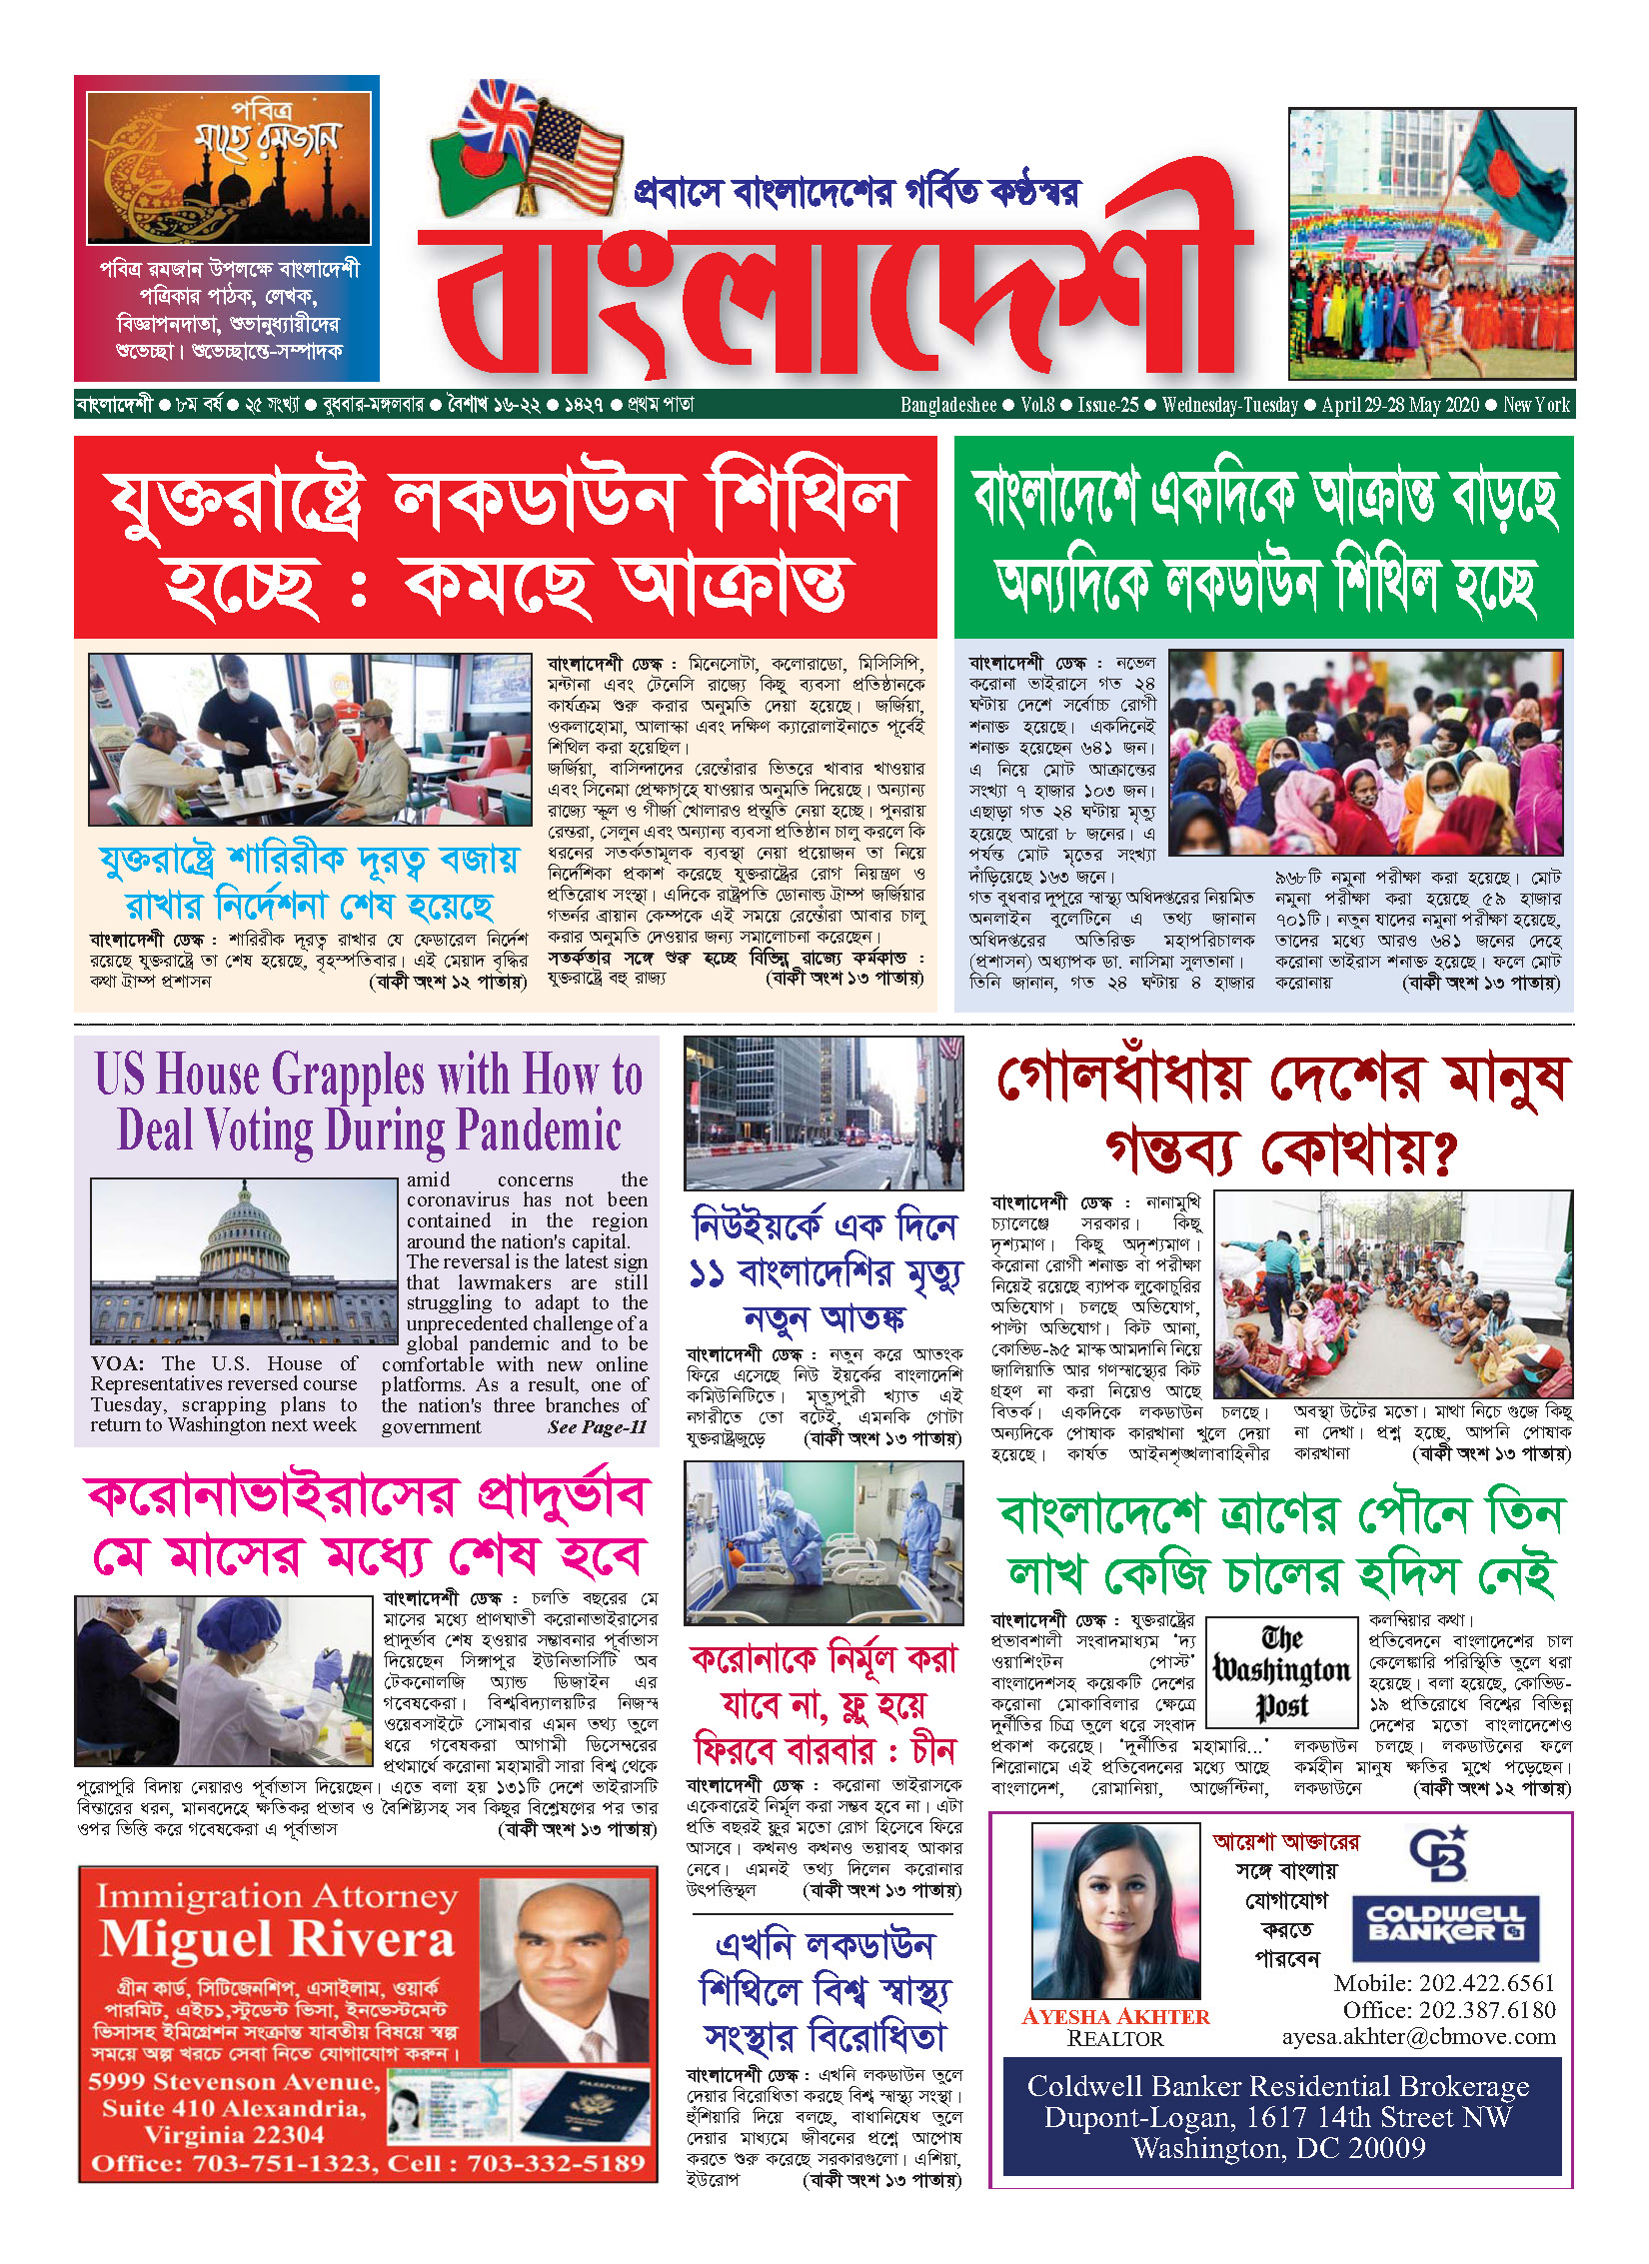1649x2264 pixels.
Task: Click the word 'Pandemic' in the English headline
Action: (x=539, y=1132)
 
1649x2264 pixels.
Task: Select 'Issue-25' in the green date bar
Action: (x=1107, y=405)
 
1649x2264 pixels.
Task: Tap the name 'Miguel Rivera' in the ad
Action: (x=277, y=1939)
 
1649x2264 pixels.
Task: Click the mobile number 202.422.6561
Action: (x=1444, y=1983)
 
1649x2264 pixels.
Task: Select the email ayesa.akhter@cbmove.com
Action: (x=1419, y=2036)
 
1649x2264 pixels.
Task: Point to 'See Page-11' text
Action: (x=597, y=1427)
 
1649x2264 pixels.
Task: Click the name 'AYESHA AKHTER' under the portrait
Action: (x=1115, y=2016)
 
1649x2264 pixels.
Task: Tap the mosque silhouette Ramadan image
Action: (x=228, y=168)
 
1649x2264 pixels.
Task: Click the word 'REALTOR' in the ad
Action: (x=1115, y=2039)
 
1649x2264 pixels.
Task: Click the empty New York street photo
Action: (x=824, y=1113)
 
